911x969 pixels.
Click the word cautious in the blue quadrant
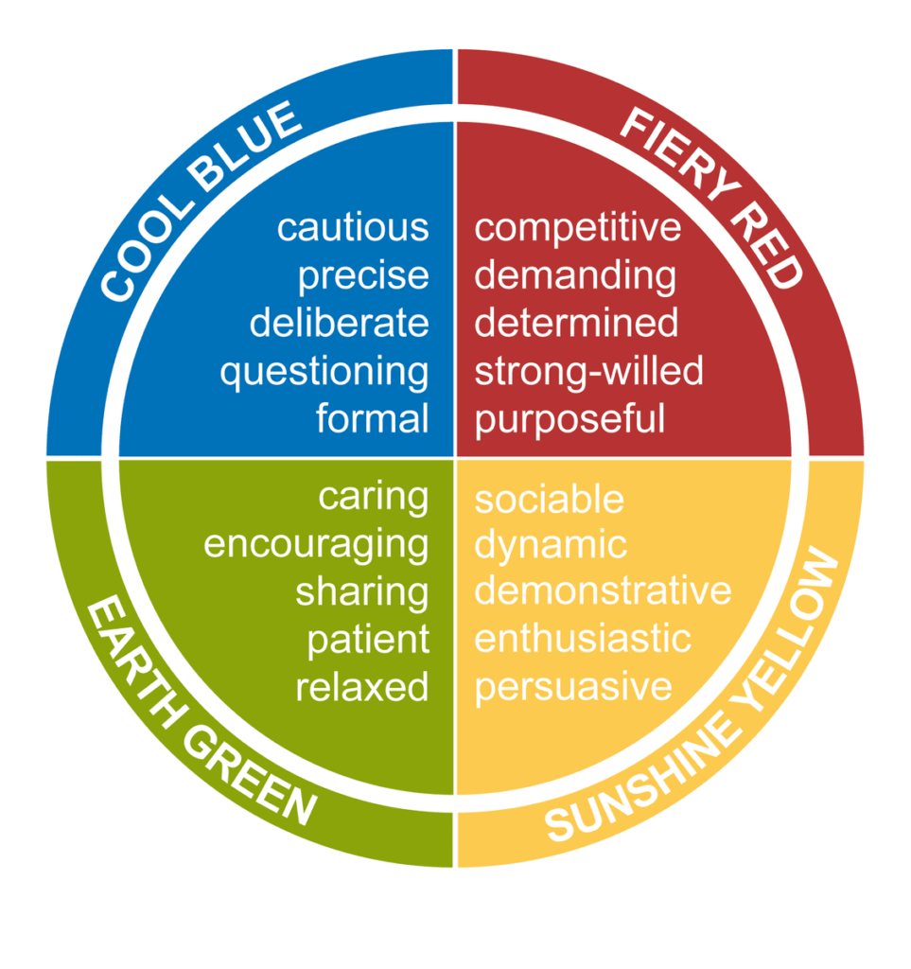click(x=353, y=228)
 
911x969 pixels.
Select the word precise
click(x=364, y=276)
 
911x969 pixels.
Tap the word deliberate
click(x=340, y=324)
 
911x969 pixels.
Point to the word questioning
click(x=324, y=372)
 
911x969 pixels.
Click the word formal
click(x=373, y=418)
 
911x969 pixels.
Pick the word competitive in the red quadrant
click(x=577, y=228)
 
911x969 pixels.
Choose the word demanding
click(x=575, y=276)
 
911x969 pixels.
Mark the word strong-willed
click(x=588, y=371)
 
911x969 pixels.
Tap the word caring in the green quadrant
click(x=374, y=497)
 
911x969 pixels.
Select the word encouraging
click(x=317, y=545)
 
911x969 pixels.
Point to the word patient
click(x=368, y=640)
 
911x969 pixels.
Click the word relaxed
click(x=362, y=687)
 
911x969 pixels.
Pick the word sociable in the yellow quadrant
click(x=549, y=499)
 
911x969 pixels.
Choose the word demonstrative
click(x=603, y=591)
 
